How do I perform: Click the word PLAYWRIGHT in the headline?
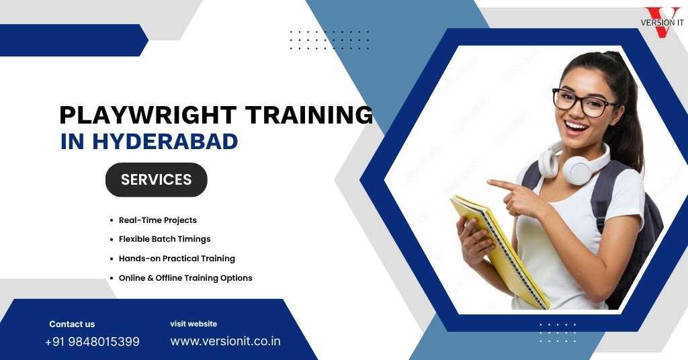(x=148, y=115)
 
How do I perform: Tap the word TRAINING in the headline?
(x=309, y=115)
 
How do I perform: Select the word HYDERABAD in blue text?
(x=165, y=141)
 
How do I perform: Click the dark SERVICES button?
(x=156, y=180)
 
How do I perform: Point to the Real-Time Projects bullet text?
(x=157, y=220)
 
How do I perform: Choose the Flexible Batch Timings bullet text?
(x=165, y=239)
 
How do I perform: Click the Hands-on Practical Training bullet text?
(x=177, y=259)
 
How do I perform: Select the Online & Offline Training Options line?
(x=185, y=277)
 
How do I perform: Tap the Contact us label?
(x=72, y=324)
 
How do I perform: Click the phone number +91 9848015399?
(x=92, y=342)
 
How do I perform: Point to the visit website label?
(x=193, y=324)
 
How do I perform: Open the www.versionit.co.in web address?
(x=225, y=341)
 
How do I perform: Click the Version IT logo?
(x=662, y=22)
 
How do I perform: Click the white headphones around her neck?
(x=575, y=163)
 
